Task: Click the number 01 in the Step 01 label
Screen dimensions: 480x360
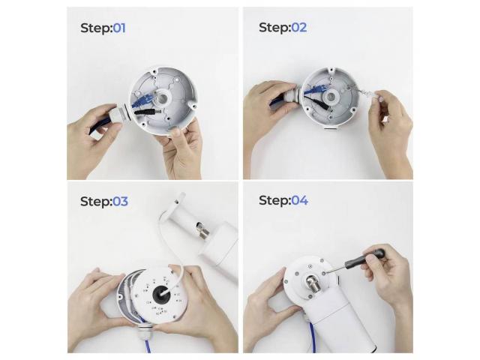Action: (x=119, y=28)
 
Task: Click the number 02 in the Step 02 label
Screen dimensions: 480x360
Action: (x=298, y=28)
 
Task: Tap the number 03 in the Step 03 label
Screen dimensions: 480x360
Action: (x=120, y=202)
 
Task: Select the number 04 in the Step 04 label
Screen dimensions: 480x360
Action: (x=299, y=200)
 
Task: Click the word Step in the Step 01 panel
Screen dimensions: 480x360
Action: (x=95, y=28)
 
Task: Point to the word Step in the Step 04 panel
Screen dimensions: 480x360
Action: (x=274, y=200)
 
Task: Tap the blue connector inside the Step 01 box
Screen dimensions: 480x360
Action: (x=144, y=100)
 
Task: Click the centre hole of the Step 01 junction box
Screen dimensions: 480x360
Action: (x=162, y=98)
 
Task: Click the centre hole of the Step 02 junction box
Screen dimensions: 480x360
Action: (x=331, y=97)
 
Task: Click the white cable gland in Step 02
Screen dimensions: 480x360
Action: (x=292, y=95)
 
